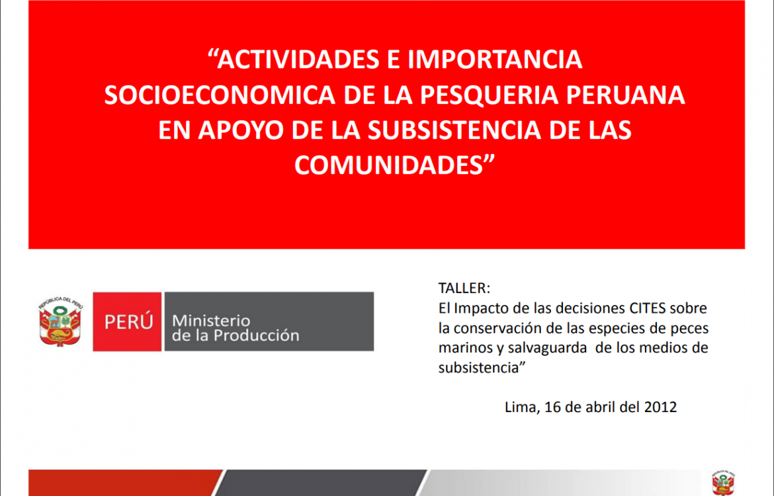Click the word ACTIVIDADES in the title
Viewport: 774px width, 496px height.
298,60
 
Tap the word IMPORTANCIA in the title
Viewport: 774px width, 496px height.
495,60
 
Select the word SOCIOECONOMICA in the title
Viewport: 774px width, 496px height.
220,95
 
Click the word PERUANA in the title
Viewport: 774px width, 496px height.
625,95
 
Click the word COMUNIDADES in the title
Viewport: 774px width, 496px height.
388,165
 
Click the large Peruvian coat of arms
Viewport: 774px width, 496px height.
61,321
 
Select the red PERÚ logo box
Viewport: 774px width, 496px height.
128,322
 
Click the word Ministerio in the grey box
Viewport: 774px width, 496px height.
211,321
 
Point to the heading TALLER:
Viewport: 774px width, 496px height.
464,288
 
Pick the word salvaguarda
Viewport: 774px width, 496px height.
547,348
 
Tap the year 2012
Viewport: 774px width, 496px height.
660,407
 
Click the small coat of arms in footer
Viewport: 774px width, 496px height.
722,483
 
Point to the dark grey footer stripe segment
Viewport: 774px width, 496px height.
321,483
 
